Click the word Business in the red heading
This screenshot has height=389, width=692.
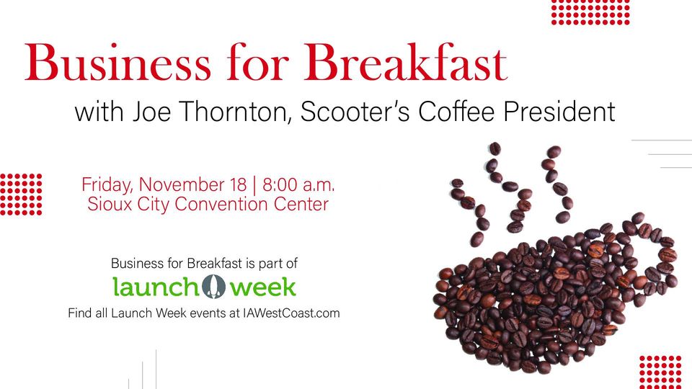pyautogui.click(x=117, y=62)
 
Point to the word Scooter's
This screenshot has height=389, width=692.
pyautogui.click(x=355, y=112)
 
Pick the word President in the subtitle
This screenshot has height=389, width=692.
pyautogui.click(x=559, y=112)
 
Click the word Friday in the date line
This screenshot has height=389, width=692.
pyautogui.click(x=107, y=185)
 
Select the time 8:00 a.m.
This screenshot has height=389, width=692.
pyautogui.click(x=298, y=184)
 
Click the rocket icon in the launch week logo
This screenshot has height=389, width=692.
pyautogui.click(x=214, y=286)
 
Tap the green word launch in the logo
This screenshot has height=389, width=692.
pyautogui.click(x=155, y=286)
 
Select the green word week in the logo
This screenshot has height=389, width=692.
pyautogui.click(x=262, y=287)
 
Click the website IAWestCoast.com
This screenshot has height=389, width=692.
pyautogui.click(x=291, y=313)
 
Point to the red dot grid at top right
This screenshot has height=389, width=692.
pyautogui.click(x=590, y=12)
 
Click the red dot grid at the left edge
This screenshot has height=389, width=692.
pyautogui.click(x=21, y=194)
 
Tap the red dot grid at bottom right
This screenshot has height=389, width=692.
pyautogui.click(x=661, y=372)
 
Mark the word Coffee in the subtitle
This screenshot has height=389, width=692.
pyautogui.click(x=456, y=112)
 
